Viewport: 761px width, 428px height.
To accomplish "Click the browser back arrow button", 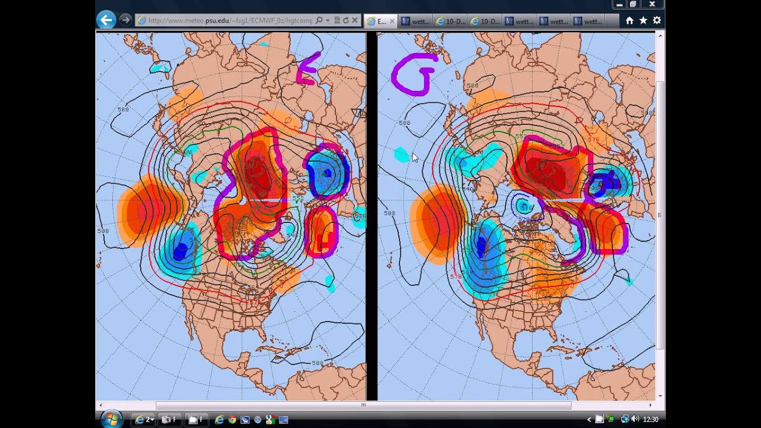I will (x=106, y=20).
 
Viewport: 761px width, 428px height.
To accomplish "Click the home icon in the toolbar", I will (x=629, y=20).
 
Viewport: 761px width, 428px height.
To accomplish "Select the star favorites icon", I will (x=643, y=20).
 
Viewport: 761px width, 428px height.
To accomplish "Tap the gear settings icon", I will (x=656, y=20).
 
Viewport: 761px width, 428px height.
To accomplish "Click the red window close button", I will (x=652, y=4).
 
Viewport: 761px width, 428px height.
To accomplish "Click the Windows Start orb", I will (x=111, y=419).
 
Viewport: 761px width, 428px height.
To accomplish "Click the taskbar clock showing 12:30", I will (x=650, y=420).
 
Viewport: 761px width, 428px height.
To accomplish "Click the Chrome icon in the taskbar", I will (x=232, y=420).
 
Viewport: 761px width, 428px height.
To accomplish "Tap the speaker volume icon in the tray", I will (x=634, y=420).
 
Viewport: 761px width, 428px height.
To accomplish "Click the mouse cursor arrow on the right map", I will (x=414, y=157).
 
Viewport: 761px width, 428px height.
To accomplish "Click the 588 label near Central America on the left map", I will (x=317, y=363).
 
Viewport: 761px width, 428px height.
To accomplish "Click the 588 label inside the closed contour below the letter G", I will (x=404, y=123).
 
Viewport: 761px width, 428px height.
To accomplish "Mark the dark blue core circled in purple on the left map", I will (x=326, y=173).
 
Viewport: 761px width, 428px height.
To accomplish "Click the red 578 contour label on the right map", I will (x=456, y=276).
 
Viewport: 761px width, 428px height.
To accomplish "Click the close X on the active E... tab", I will (x=392, y=21).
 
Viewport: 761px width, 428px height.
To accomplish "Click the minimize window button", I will (x=620, y=4).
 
